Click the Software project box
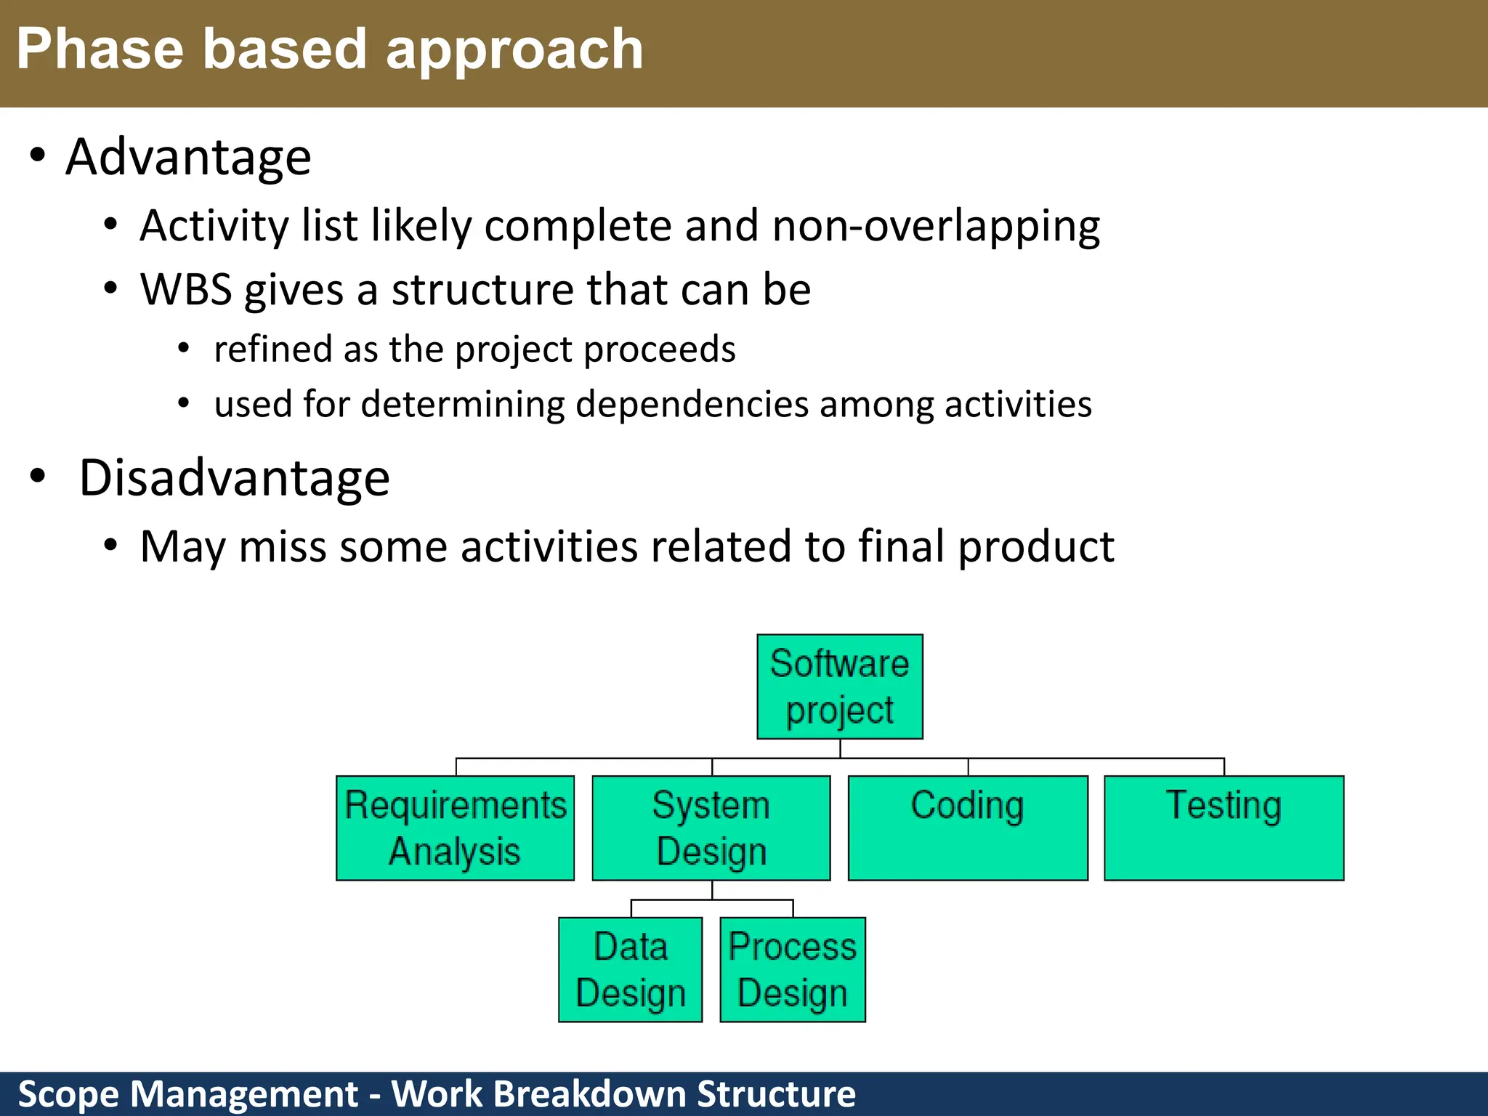point(840,687)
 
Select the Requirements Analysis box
point(455,828)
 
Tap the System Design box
point(711,828)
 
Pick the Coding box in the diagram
point(968,828)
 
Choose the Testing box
point(1224,828)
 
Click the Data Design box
point(630,970)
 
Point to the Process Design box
point(793,970)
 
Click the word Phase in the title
point(100,49)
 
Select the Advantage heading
point(188,158)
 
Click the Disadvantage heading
point(234,478)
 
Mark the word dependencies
point(691,404)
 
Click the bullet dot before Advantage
point(38,155)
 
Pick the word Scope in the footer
point(68,1094)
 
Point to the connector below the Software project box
point(840,749)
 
